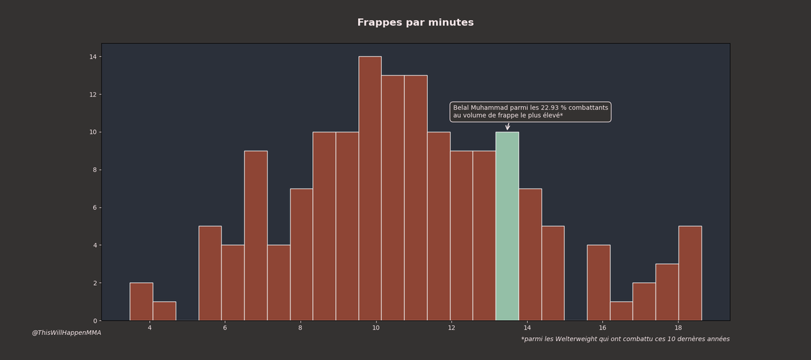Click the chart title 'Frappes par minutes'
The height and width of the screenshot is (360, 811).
pyautogui.click(x=415, y=23)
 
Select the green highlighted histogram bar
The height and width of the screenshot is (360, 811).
pyautogui.click(x=507, y=226)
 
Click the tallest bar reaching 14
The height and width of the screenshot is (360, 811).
pyautogui.click(x=370, y=188)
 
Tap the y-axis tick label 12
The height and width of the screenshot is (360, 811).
pyautogui.click(x=93, y=95)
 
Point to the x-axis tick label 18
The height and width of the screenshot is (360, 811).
pyautogui.click(x=678, y=328)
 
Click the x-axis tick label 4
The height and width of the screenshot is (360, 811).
pyautogui.click(x=149, y=328)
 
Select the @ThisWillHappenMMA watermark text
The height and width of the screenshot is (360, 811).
pyautogui.click(x=66, y=333)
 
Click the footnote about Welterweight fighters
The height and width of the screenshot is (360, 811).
pyautogui.click(x=625, y=339)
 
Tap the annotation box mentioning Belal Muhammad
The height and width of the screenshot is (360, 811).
pyautogui.click(x=531, y=112)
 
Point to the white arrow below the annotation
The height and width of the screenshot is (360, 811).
pyautogui.click(x=508, y=126)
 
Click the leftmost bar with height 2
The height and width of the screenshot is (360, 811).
pyautogui.click(x=141, y=302)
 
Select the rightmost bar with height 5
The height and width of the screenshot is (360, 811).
pyautogui.click(x=690, y=274)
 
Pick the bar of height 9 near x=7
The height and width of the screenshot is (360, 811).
pyautogui.click(x=255, y=236)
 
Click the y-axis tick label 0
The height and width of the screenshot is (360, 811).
pyautogui.click(x=95, y=321)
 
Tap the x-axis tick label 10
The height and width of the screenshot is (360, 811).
pyautogui.click(x=376, y=328)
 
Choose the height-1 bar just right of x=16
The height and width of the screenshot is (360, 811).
pyautogui.click(x=621, y=311)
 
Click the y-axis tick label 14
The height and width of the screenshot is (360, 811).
pyautogui.click(x=93, y=57)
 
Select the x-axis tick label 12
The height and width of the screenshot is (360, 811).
pyautogui.click(x=451, y=328)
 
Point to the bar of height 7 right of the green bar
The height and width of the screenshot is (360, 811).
pyautogui.click(x=530, y=255)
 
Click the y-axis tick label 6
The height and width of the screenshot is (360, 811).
pyautogui.click(x=95, y=207)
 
